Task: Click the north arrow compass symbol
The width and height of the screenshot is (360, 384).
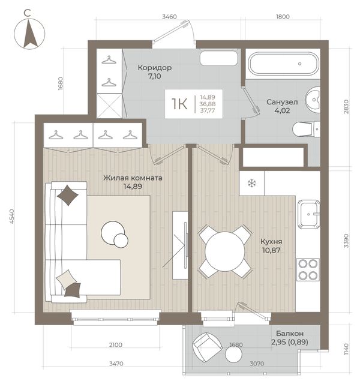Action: click(29, 34)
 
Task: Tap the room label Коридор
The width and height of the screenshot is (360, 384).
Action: click(155, 67)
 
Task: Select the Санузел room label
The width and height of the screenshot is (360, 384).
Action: click(282, 102)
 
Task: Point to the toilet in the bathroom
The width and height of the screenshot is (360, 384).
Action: click(306, 129)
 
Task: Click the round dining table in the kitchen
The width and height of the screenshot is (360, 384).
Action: click(225, 251)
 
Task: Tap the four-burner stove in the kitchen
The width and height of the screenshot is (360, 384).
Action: click(308, 269)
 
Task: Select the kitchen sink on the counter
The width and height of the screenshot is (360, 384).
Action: click(308, 214)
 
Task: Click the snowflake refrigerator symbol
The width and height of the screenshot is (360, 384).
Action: click(251, 184)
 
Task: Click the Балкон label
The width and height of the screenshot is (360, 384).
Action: click(290, 334)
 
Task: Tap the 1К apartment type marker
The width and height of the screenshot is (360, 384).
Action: click(179, 104)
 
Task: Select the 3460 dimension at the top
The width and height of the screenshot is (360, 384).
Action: click(169, 17)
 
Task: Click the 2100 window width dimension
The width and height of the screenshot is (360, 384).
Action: click(116, 345)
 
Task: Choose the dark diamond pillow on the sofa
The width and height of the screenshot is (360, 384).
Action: click(68, 195)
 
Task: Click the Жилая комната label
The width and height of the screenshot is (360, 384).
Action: click(133, 178)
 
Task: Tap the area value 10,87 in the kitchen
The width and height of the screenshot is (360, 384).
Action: click(271, 250)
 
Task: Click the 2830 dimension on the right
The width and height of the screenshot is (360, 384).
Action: click(346, 107)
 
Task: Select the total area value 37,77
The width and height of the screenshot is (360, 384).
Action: click(208, 110)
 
